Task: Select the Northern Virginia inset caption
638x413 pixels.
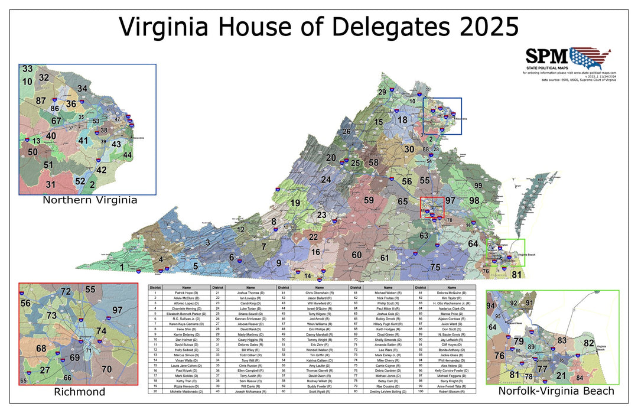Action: tap(90, 200)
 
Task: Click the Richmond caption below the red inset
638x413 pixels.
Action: tap(79, 392)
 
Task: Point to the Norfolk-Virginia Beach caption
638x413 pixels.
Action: tap(556, 391)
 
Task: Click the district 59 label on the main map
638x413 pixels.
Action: tap(369, 200)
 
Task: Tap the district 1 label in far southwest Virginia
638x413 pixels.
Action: tap(122, 267)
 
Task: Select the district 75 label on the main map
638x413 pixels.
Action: tap(435, 267)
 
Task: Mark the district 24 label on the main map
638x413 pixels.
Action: tap(326, 179)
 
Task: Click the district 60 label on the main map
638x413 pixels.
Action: tap(356, 255)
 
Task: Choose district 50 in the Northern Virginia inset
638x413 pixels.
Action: tap(32, 152)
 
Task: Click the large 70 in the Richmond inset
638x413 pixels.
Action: tap(106, 370)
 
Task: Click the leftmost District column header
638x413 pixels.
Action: tap(155, 287)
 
